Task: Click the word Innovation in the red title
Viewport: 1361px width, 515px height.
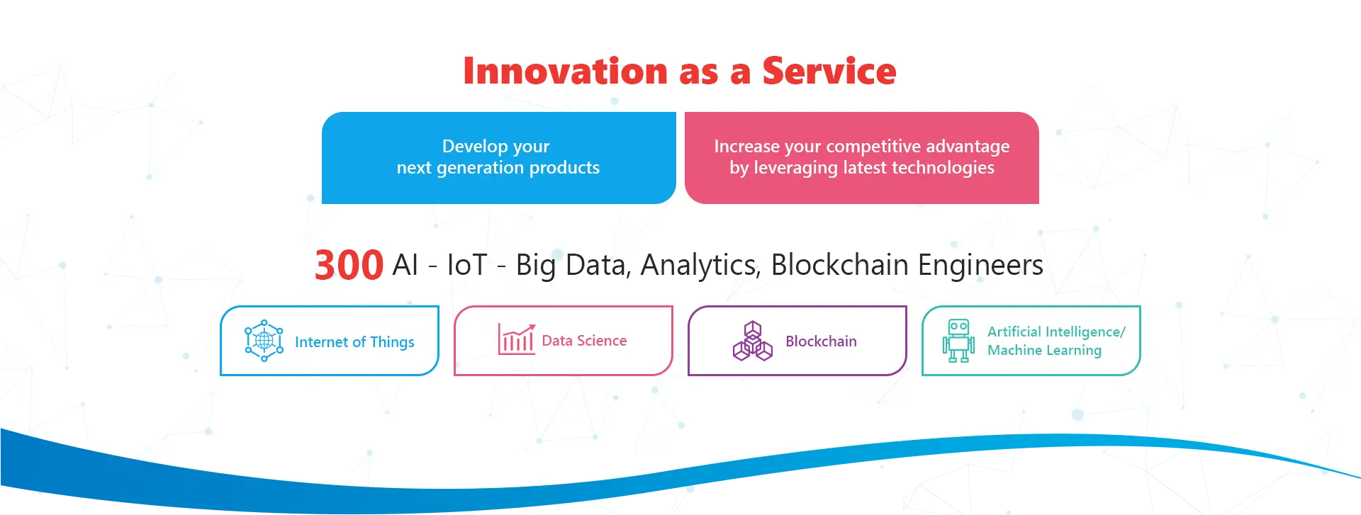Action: [x=566, y=71]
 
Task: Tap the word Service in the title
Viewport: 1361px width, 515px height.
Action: [x=829, y=71]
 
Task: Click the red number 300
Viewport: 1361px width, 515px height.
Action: [x=349, y=265]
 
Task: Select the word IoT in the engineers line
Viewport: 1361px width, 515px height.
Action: [x=467, y=265]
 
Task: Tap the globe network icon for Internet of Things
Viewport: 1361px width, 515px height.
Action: [x=264, y=341]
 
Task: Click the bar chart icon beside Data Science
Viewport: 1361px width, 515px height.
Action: [x=517, y=339]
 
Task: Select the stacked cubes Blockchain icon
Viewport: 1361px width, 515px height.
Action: [x=752, y=341]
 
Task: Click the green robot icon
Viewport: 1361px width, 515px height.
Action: [x=958, y=341]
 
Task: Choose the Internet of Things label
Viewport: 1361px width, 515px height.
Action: [x=354, y=342]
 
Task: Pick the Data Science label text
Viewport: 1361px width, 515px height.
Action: [x=584, y=341]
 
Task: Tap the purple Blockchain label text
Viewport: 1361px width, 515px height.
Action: [x=821, y=341]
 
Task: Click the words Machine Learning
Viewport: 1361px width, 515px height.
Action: [x=1044, y=351]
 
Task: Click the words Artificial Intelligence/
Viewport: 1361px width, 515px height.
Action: [x=1056, y=332]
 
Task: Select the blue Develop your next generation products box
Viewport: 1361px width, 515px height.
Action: [x=499, y=158]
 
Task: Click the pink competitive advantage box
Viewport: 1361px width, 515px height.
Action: [x=862, y=158]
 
